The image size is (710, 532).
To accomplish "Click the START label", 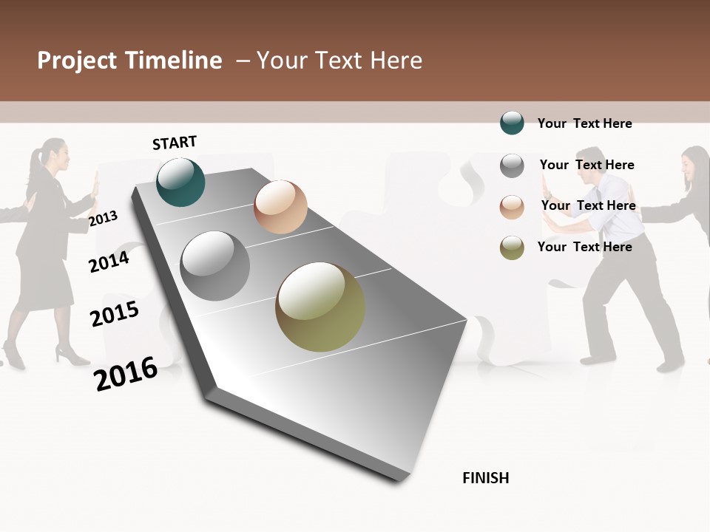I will click(175, 143).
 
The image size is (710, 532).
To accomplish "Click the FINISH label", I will click(485, 478).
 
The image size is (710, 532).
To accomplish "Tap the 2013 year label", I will click(103, 219).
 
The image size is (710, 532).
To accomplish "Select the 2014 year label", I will click(109, 262).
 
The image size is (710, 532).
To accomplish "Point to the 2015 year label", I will click(115, 314).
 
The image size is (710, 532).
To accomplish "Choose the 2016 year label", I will click(126, 373).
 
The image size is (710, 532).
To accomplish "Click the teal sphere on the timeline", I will click(180, 182).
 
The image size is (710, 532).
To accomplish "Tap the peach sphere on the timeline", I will click(280, 207).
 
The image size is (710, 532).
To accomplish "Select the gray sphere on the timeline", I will click(214, 266).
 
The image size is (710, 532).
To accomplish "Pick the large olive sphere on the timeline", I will click(320, 307).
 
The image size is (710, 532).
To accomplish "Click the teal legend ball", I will click(512, 123).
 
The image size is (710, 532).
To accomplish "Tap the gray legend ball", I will click(512, 166).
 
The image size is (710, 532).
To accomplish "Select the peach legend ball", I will click(512, 207).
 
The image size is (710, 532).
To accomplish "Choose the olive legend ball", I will click(512, 248).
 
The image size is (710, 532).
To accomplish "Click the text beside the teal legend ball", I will click(584, 123).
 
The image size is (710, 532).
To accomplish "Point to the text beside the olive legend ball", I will click(584, 247).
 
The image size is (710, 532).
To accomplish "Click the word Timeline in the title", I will click(174, 61).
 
